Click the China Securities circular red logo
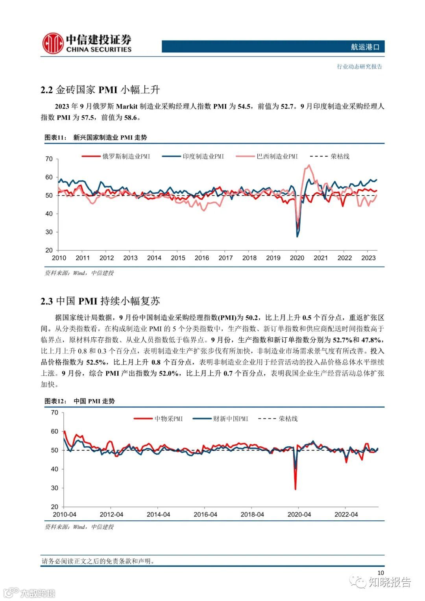pos(53,43)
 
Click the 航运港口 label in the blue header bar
pos(365,47)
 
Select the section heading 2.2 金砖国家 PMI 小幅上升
pos(100,90)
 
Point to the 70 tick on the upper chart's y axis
pos(49,159)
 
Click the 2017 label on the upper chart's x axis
pos(225,258)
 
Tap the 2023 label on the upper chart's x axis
pos(368,258)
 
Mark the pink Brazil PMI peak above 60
pos(309,165)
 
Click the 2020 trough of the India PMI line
pos(297,236)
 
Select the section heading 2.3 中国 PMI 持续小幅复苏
pos(100,301)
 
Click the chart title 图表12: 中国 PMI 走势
pos(80,401)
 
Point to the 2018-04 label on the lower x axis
pos(252,514)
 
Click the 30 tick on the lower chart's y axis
pos(54,488)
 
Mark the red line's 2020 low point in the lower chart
pos(295,489)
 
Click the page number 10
pos(380,573)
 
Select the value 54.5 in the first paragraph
pos(244,106)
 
